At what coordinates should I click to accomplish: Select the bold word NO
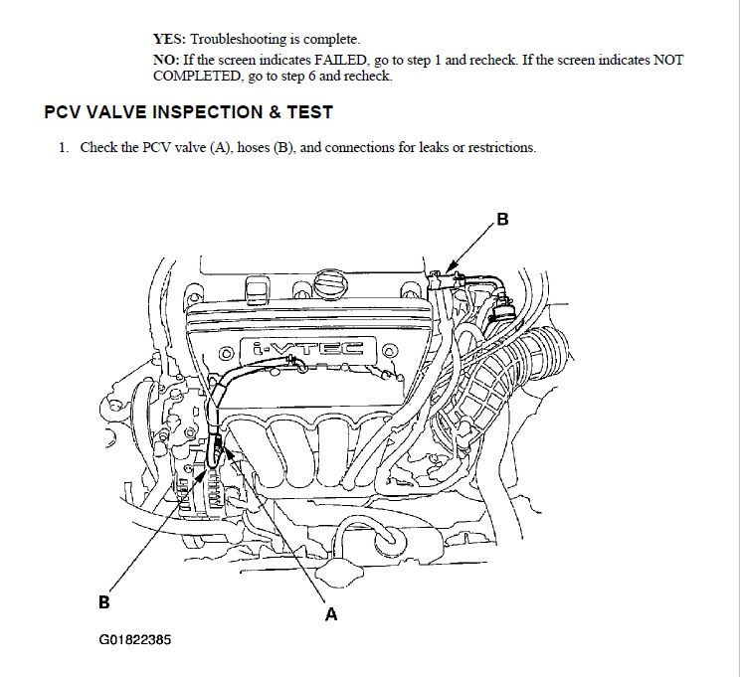[x=164, y=60]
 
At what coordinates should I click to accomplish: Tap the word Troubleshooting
[x=238, y=40]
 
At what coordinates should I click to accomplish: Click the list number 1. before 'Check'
[x=63, y=147]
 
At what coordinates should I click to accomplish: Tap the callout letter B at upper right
[x=503, y=220]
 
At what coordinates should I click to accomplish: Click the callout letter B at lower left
[x=103, y=601]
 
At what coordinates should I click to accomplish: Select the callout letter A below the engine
[x=331, y=614]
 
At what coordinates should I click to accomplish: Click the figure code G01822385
[x=134, y=640]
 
